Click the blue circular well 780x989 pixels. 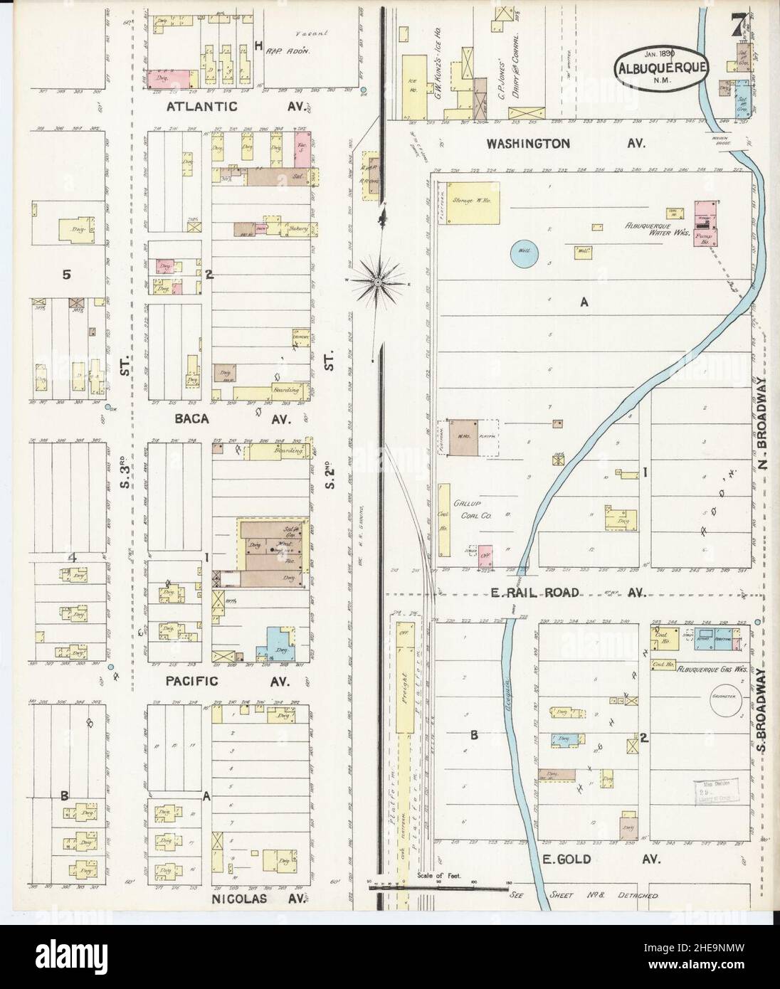pos(525,253)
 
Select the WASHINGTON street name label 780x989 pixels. pos(527,143)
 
